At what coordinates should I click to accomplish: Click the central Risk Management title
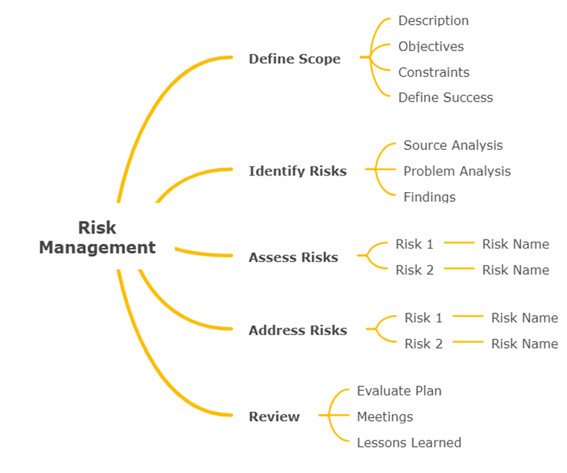pos(97,237)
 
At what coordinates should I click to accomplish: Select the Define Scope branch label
pos(294,59)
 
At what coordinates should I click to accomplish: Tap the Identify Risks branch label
pos(297,171)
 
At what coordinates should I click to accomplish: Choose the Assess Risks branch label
pos(293,257)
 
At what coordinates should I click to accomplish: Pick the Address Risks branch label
pos(297,330)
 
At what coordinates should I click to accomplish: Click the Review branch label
pos(274,417)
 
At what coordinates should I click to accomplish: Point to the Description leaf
pos(433,21)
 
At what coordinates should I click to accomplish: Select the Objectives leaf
pos(431,47)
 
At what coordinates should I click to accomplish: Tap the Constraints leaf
pos(434,72)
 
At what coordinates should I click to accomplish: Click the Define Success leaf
pos(445,97)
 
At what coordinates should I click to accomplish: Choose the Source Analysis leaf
pos(453,145)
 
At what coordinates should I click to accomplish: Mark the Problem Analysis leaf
pos(457,171)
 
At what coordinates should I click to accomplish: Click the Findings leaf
pos(429,197)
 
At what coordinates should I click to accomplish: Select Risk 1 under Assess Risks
pos(414,244)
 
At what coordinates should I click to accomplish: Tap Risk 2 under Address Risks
pos(423,343)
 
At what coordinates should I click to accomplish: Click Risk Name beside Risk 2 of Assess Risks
pos(515,270)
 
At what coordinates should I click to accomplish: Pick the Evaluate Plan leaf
pos(399,391)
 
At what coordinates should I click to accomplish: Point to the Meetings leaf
pos(385,417)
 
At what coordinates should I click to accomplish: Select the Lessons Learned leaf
pos(409,442)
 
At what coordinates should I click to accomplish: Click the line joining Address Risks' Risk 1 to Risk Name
pos(468,317)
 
